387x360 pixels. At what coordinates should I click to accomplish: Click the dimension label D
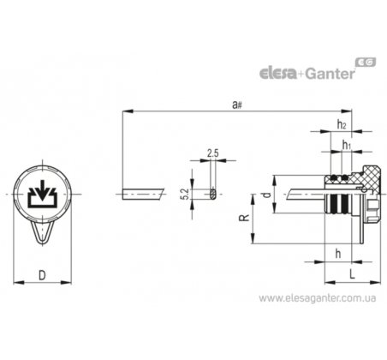click(x=42, y=275)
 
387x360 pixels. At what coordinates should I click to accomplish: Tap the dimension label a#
click(x=237, y=105)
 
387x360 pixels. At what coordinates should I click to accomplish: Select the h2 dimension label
click(x=342, y=124)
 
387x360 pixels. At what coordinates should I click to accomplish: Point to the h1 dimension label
click(x=346, y=145)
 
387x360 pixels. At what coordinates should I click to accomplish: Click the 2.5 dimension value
click(x=213, y=153)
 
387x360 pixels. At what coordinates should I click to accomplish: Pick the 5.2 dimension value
click(x=185, y=194)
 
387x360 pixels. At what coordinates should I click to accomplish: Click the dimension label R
click(x=244, y=218)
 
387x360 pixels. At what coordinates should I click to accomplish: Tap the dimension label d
click(x=266, y=195)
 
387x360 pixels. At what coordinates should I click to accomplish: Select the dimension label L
click(x=353, y=274)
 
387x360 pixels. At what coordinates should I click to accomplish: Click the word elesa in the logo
click(x=278, y=73)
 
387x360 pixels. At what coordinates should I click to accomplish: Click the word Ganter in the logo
click(x=330, y=74)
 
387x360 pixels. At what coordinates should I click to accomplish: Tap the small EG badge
click(x=366, y=62)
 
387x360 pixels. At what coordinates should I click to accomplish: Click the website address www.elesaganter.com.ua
click(x=318, y=298)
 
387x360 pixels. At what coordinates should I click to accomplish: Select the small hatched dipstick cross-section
click(x=213, y=194)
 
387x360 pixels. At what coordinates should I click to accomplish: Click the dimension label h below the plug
click(x=338, y=254)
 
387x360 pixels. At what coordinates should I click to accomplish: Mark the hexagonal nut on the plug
click(x=372, y=211)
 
